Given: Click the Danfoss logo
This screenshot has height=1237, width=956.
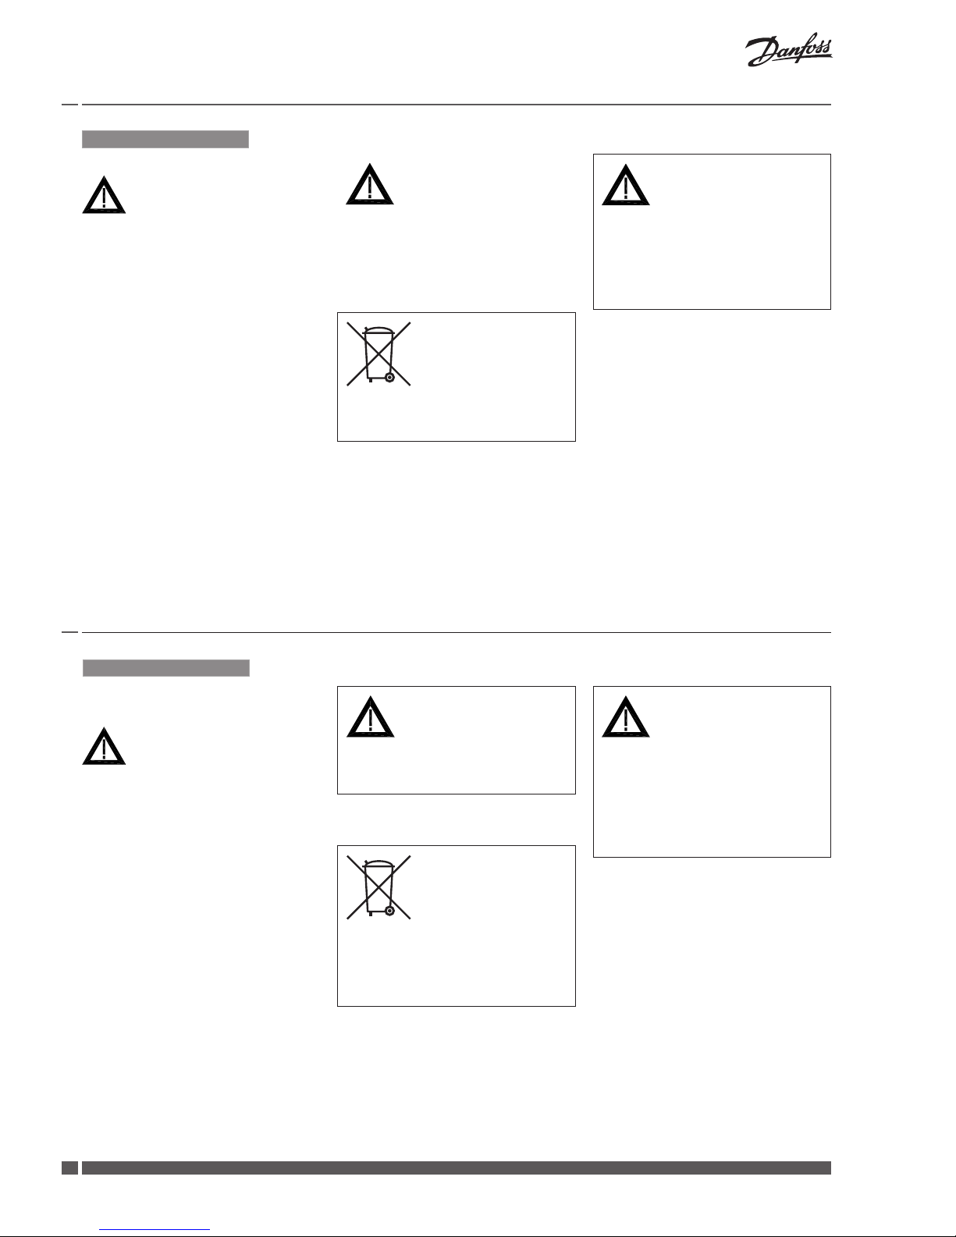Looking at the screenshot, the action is [x=788, y=52].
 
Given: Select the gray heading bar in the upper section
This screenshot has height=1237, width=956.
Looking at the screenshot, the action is [x=165, y=140].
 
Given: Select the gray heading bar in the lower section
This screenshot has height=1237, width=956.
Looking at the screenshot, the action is [x=166, y=668].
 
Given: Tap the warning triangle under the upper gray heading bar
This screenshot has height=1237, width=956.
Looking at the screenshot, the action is [x=104, y=196].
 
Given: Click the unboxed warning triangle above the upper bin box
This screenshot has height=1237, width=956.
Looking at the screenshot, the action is [x=369, y=186].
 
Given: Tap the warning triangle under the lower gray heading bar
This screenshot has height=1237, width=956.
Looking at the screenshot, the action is [x=104, y=747].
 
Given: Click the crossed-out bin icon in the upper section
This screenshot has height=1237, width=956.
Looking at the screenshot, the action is [x=378, y=354].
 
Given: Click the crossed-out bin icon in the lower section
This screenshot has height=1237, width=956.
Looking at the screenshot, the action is [x=378, y=887].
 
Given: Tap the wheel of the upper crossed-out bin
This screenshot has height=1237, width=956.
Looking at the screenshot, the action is [x=389, y=377].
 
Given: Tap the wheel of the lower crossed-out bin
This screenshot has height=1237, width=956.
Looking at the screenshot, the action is [x=389, y=910].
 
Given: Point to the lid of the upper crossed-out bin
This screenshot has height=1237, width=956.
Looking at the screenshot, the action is [x=378, y=330].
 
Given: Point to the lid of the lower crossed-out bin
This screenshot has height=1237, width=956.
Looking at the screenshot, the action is [x=378, y=863].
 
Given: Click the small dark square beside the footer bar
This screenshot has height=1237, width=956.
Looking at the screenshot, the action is [x=69, y=1168].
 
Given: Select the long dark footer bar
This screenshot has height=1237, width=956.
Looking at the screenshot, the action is [x=456, y=1168].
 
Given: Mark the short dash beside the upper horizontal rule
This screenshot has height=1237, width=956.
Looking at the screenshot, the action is [x=69, y=105].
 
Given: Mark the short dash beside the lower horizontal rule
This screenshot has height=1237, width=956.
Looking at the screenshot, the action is [x=69, y=632].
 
